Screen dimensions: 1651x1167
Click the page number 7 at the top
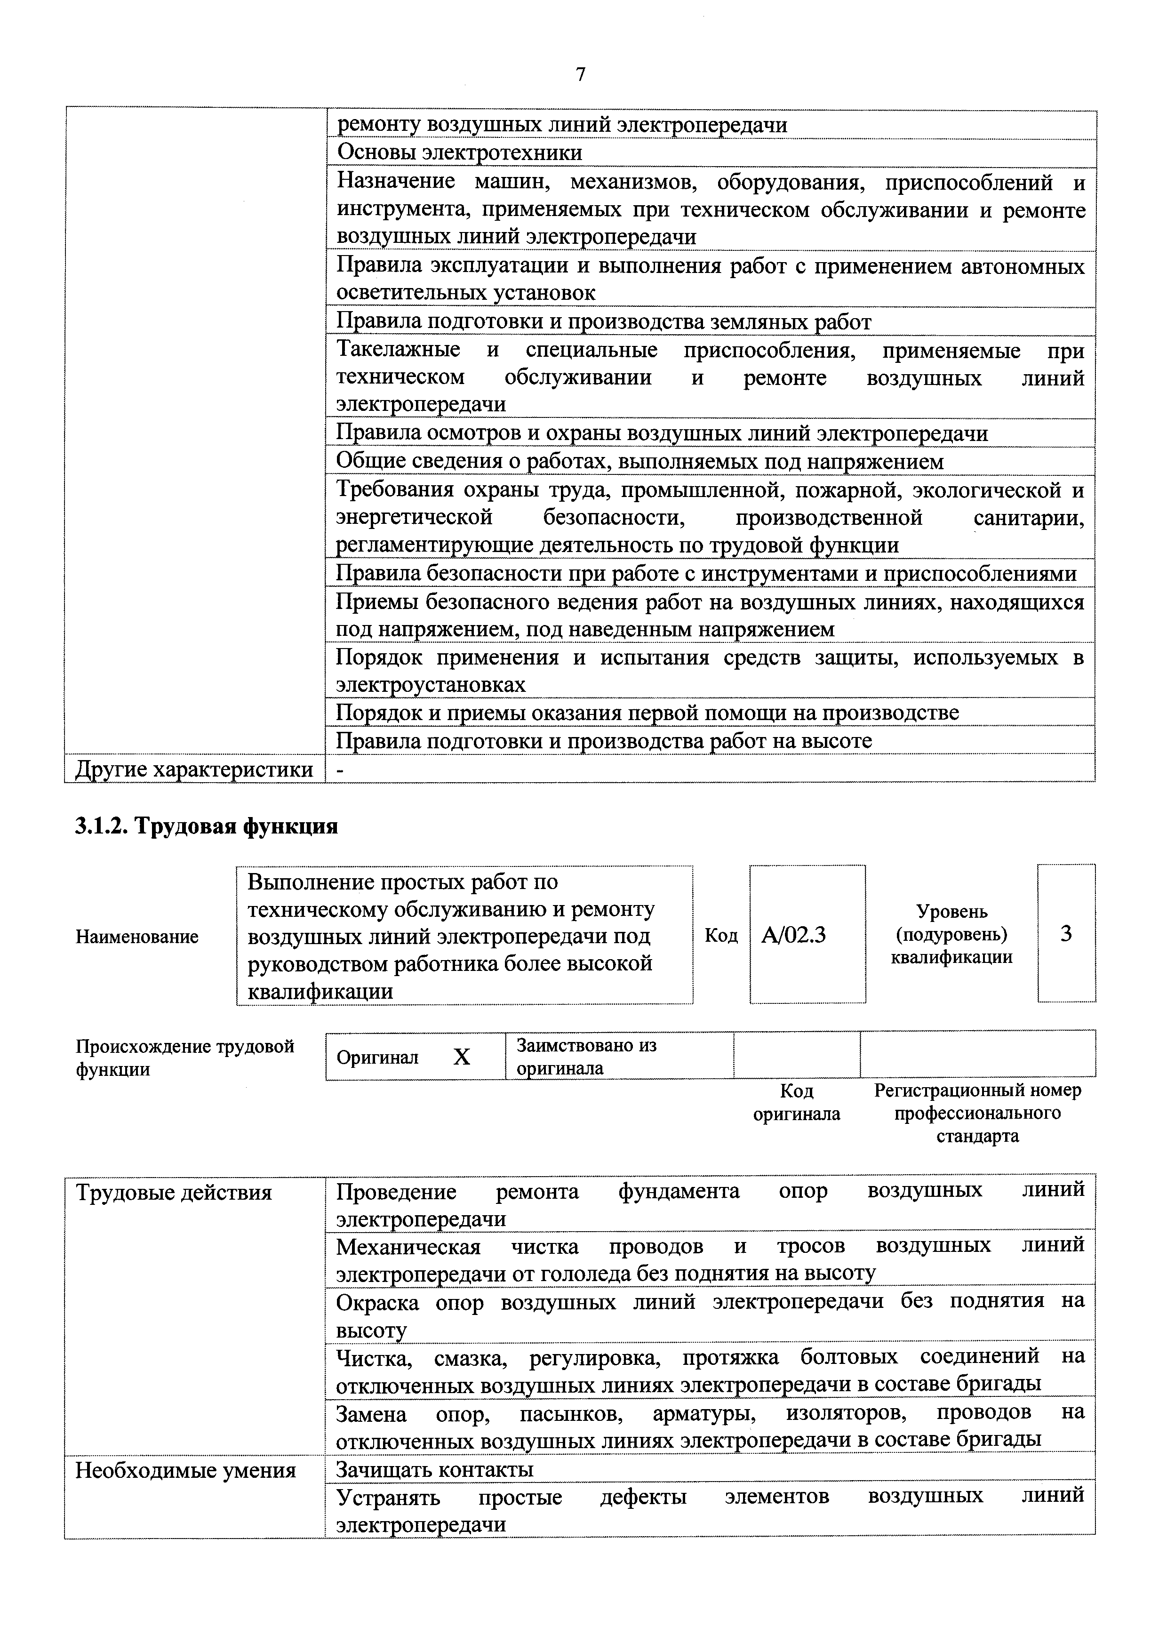pyautogui.click(x=581, y=74)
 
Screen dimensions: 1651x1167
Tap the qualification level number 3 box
pyautogui.click(x=1066, y=933)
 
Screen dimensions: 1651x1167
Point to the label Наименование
pyautogui.click(x=136, y=936)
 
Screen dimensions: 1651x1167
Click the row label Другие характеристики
pyautogui.click(x=194, y=769)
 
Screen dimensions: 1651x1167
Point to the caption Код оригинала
pyautogui.click(x=796, y=1102)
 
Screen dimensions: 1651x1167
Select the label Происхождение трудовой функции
pyautogui.click(x=185, y=1057)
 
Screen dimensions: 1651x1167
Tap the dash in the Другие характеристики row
pyautogui.click(x=341, y=770)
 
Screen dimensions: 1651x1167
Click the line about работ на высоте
pyautogui.click(x=604, y=741)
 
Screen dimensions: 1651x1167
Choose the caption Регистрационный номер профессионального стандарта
pyautogui.click(x=977, y=1113)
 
